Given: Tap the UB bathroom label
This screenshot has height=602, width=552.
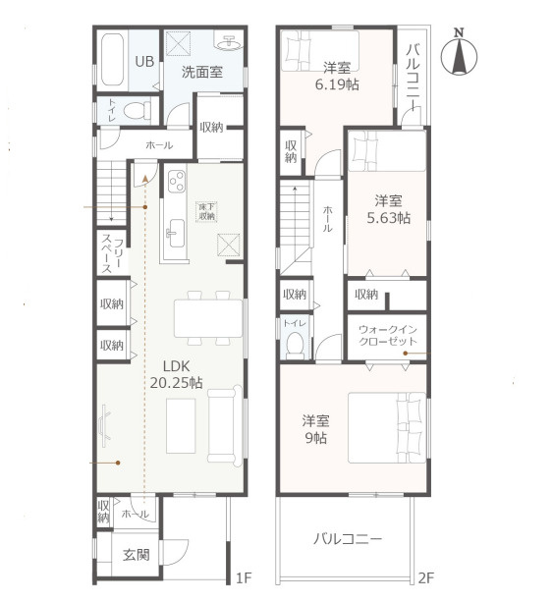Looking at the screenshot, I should (x=143, y=61).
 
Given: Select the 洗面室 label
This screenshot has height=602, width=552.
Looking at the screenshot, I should (x=202, y=73).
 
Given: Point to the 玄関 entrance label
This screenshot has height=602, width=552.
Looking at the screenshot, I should (x=136, y=555).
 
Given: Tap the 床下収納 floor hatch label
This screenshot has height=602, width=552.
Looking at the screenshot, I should (x=207, y=211).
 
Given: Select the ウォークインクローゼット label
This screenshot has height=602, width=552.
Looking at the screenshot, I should (x=388, y=335).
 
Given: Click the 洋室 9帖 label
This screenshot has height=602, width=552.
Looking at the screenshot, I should (x=314, y=428).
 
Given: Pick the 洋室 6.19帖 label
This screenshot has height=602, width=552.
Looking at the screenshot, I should (x=337, y=77).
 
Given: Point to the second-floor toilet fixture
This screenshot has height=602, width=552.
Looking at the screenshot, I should (x=295, y=345).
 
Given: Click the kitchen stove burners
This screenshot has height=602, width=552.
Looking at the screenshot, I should (x=178, y=183).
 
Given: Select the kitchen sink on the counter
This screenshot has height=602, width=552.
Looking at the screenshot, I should (x=176, y=234).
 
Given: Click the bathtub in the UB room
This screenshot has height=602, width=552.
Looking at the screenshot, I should (x=111, y=60).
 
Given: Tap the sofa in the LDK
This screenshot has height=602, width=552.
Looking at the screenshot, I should (x=223, y=424).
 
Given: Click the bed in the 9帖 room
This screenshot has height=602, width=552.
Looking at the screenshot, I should (x=387, y=427).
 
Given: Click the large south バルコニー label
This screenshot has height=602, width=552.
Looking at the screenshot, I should (x=347, y=538).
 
